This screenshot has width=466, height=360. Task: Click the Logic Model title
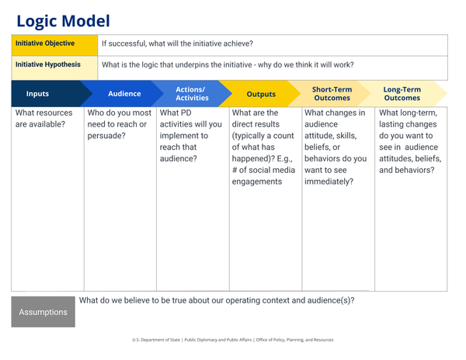pyautogui.click(x=63, y=21)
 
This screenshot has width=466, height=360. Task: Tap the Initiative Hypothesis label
pyautogui.click(x=47, y=64)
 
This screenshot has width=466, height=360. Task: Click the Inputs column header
pyautogui.click(x=37, y=94)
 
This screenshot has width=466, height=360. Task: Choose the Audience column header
pyautogui.click(x=124, y=94)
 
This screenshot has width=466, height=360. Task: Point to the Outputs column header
pyautogui.click(x=261, y=94)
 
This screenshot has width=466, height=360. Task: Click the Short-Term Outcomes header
pyautogui.click(x=332, y=94)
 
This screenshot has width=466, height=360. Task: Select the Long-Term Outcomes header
pyautogui.click(x=402, y=94)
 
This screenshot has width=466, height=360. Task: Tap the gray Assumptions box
pyautogui.click(x=43, y=313)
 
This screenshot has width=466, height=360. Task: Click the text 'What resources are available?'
pyautogui.click(x=44, y=119)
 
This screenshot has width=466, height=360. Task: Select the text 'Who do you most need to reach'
pyautogui.click(x=119, y=119)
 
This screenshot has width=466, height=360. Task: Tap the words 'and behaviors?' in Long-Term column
pyautogui.click(x=406, y=170)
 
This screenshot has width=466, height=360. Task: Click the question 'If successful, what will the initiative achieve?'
pyautogui.click(x=177, y=44)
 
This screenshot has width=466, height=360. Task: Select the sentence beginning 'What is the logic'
pyautogui.click(x=228, y=65)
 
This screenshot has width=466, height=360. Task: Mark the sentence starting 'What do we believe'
pyautogui.click(x=217, y=299)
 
